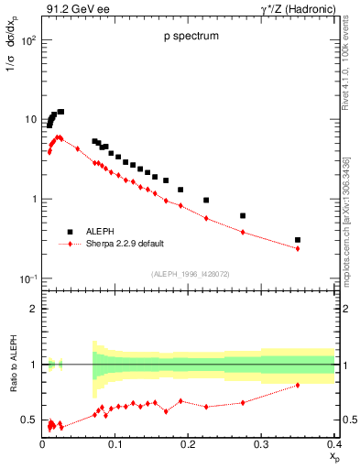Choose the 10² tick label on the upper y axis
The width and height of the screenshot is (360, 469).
tap(28, 40)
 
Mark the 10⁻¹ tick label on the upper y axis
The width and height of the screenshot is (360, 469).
tap(28, 278)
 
